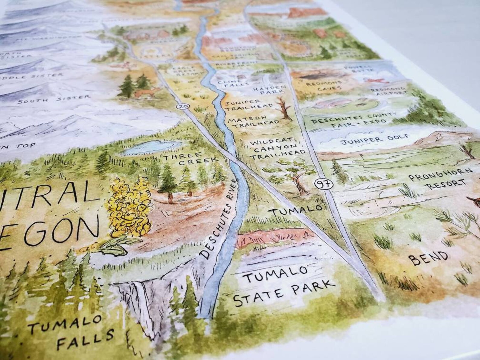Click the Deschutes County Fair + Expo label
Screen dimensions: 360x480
pyautogui.click(x=353, y=119)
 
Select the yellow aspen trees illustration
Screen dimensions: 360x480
pyautogui.click(x=128, y=209)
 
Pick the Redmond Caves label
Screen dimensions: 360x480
pyautogui.click(x=324, y=85)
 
